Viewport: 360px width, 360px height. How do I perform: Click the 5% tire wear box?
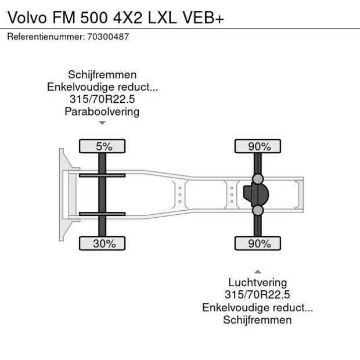104,147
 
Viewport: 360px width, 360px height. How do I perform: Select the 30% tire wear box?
104,244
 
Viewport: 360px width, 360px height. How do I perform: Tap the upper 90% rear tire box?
259,147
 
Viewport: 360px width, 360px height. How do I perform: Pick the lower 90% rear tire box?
259,244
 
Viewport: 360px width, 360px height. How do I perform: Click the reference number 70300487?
108,37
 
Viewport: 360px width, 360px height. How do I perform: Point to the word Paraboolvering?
102,112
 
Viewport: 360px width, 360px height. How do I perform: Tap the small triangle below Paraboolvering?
102,123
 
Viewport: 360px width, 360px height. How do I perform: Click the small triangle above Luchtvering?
258,271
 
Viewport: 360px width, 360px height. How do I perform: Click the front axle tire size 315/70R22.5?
102,99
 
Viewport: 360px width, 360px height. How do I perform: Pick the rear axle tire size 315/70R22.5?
257,296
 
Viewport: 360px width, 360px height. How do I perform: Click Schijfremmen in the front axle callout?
102,75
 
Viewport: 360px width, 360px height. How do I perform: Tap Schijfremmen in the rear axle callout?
257,320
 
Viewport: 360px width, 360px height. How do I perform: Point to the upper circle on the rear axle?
258,178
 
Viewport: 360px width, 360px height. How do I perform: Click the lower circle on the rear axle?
258,210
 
